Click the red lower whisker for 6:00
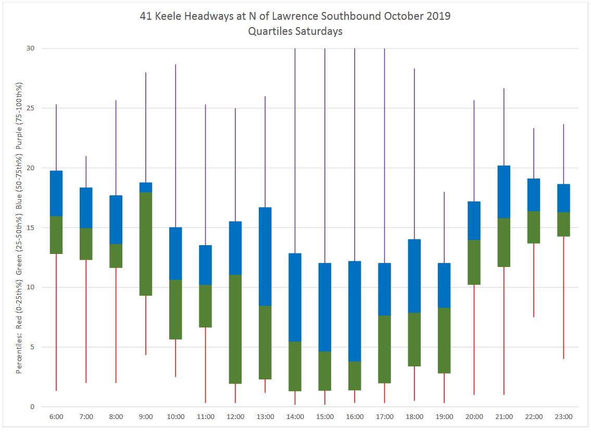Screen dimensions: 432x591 pos(56,323)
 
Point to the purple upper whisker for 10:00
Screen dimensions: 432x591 pos(175,146)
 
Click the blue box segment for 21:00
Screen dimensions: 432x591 pos(504,192)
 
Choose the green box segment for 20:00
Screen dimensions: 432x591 pos(474,262)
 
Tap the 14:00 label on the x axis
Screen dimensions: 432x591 pos(295,417)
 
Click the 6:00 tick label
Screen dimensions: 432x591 pos(56,417)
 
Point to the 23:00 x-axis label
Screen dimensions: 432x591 pos(563,417)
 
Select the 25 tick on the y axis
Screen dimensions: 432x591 pos(30,108)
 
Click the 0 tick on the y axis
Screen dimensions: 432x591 pos(32,407)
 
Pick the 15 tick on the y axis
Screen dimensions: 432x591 pos(30,228)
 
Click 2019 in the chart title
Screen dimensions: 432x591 pos(438,16)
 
